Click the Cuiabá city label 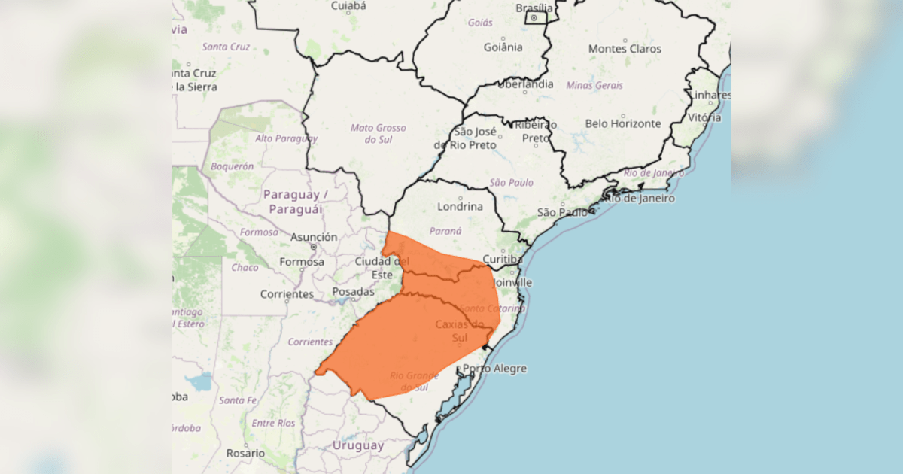[x=348, y=6]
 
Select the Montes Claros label [x=625, y=49]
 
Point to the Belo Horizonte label [x=623, y=123]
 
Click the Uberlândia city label [x=525, y=84]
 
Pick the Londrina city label [x=460, y=206]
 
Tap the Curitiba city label [x=501, y=260]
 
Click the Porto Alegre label [x=494, y=369]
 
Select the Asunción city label [x=314, y=237]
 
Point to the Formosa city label [x=302, y=262]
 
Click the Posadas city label [x=353, y=291]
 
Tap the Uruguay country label [x=358, y=445]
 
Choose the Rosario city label [x=245, y=454]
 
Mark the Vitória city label [x=704, y=117]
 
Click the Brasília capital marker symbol [x=534, y=17]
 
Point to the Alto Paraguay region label [x=286, y=138]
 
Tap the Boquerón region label [x=233, y=166]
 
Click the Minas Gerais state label [x=594, y=85]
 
